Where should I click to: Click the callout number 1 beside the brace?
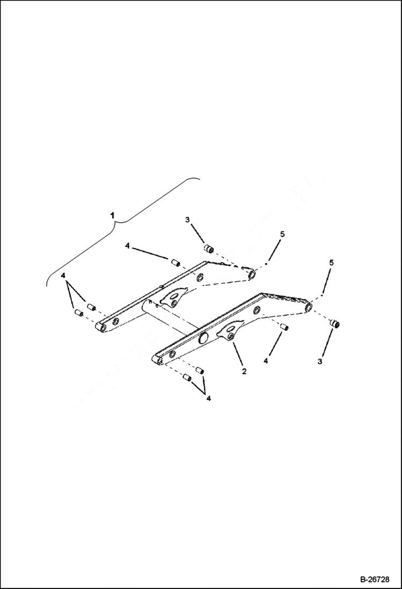coord(112,215)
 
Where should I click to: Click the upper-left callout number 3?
coord(187,220)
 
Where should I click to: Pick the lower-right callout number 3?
coord(320,361)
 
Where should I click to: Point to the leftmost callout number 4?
coord(64,275)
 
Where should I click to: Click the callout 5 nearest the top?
coord(282,234)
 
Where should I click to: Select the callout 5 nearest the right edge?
coord(331,263)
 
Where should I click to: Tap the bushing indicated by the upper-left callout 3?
coord(210,249)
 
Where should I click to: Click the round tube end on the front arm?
coord(204,338)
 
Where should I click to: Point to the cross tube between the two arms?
coord(166,320)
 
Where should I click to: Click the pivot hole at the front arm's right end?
coord(308,308)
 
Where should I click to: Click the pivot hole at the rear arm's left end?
coord(100,327)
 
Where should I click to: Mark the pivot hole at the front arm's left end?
coord(159,360)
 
